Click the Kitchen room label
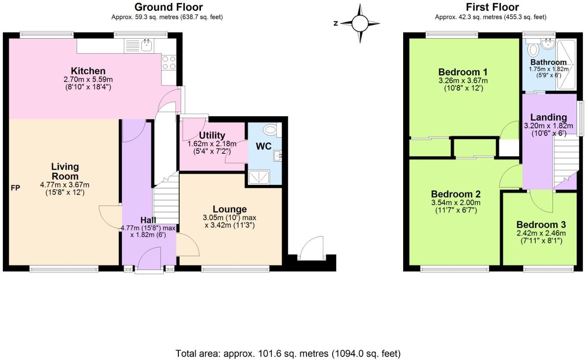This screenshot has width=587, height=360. click(x=88, y=71)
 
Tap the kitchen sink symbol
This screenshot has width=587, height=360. click(x=146, y=45)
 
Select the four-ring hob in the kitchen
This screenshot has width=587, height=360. click(x=169, y=62)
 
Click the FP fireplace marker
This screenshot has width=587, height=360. click(x=15, y=188)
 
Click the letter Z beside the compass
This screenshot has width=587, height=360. click(x=335, y=24)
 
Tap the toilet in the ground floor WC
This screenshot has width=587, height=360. click(x=271, y=130)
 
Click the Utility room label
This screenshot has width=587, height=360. click(x=212, y=135)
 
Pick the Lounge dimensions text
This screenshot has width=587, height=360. click(x=229, y=221)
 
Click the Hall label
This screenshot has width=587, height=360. click(x=148, y=220)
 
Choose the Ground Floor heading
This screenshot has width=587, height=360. click(x=168, y=7)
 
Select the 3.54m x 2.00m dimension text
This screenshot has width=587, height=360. click(x=456, y=203)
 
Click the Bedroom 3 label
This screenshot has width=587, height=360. click(x=541, y=225)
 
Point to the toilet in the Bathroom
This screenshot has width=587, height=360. click(x=532, y=50)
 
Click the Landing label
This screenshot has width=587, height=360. click(x=548, y=117)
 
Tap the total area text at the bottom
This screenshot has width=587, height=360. click(x=288, y=353)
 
